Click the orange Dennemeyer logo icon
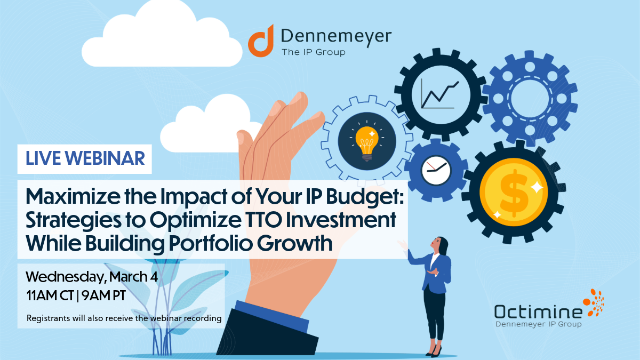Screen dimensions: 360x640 tap(261, 41)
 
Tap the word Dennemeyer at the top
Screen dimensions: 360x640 tap(335, 36)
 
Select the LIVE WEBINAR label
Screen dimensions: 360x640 tap(85, 158)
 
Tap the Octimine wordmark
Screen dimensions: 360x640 tap(538, 311)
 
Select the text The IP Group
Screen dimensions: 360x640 tap(313, 52)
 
